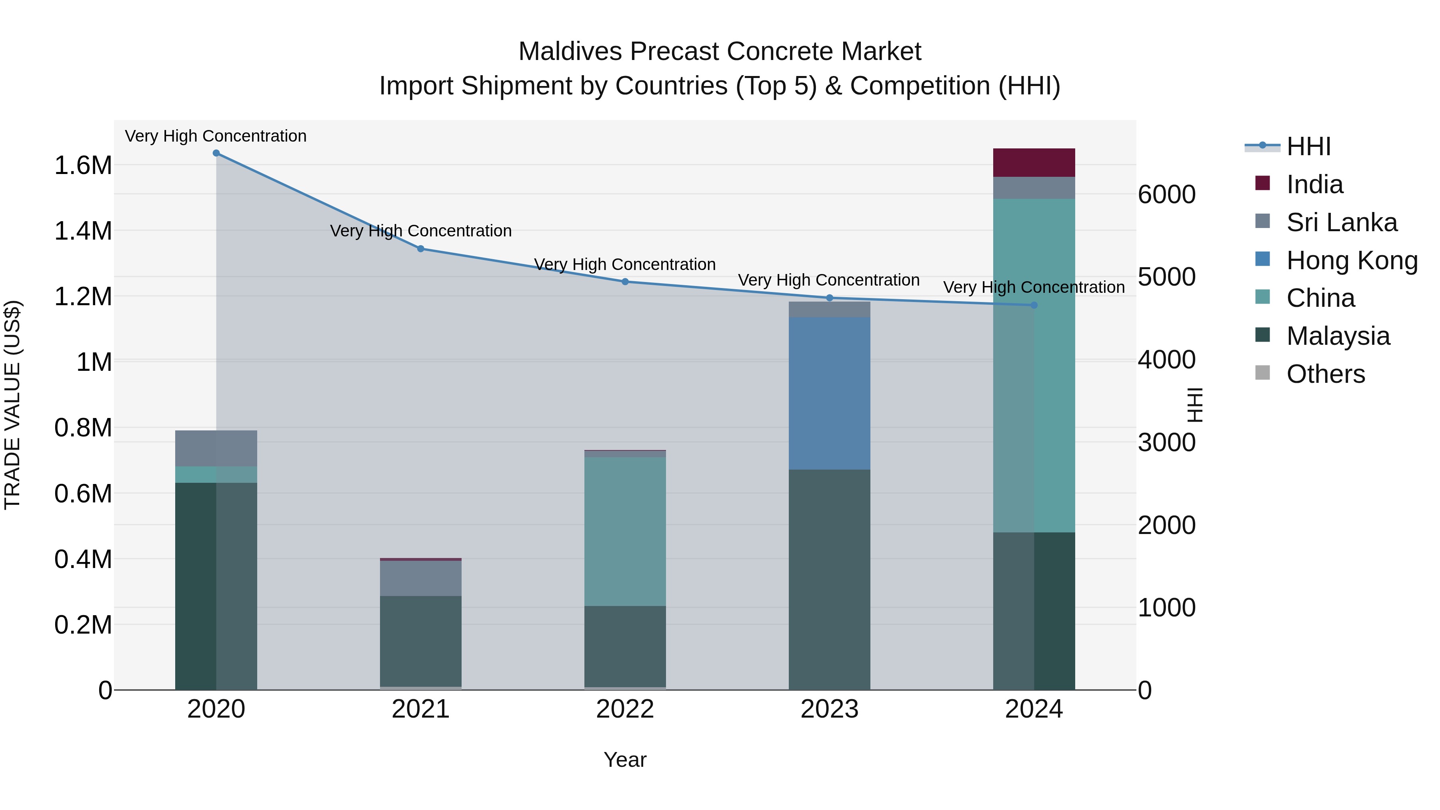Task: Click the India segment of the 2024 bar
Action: [1034, 163]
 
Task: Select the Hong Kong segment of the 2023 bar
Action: [829, 393]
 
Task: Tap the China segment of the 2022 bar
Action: [625, 531]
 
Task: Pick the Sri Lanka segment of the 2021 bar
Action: [420, 578]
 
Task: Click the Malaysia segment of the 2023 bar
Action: [829, 579]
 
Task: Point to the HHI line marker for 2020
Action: [216, 153]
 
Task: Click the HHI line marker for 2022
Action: [625, 282]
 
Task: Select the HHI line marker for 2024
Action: [1034, 305]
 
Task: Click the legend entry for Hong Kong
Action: [1352, 260]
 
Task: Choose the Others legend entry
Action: [1326, 374]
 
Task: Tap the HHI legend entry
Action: [1308, 146]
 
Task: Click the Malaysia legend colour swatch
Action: [1262, 336]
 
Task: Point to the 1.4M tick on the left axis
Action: [83, 231]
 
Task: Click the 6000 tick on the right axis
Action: [1167, 194]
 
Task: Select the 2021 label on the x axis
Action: [420, 709]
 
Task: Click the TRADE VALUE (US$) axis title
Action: [13, 405]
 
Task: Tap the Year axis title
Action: [625, 760]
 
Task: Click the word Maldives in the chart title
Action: [570, 52]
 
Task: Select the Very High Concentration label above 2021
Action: [420, 231]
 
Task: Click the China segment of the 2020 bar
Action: [216, 474]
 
